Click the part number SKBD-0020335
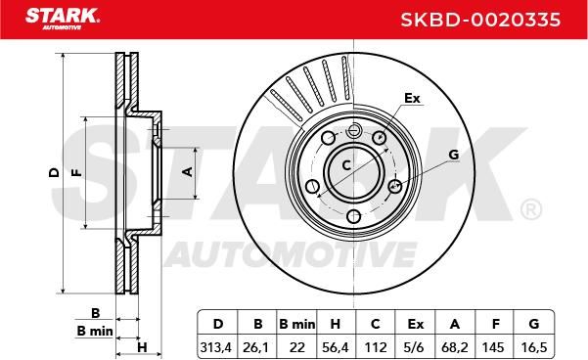(480, 20)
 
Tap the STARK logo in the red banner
(63, 18)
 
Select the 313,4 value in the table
(216, 347)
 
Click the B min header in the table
(297, 324)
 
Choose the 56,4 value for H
(336, 347)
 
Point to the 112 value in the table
(376, 347)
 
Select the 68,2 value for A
(455, 347)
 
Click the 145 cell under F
(493, 347)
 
